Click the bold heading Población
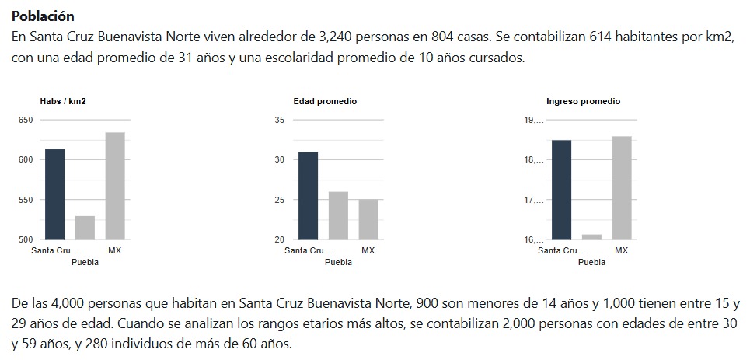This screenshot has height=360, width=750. tap(44, 16)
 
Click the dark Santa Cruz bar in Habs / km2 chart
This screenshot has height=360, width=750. tap(54, 194)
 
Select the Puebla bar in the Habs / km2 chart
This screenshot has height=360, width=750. tap(85, 227)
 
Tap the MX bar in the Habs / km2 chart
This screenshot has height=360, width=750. tap(115, 186)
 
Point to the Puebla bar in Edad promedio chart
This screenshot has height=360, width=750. tap(338, 215)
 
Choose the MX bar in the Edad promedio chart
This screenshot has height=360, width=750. tap(368, 219)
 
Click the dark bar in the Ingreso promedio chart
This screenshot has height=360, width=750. tap(561, 190)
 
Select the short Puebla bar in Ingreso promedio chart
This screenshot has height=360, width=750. tap(591, 236)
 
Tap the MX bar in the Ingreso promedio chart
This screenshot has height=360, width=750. tap(622, 187)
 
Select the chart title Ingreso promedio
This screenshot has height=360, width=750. tap(583, 102)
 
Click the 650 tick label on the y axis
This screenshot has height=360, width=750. tap(26, 120)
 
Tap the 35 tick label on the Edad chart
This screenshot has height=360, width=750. tap(280, 120)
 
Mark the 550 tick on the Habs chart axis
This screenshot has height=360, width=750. tap(26, 200)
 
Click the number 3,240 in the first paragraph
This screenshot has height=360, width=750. tap(337, 37)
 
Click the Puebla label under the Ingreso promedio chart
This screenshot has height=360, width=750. tap(592, 262)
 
